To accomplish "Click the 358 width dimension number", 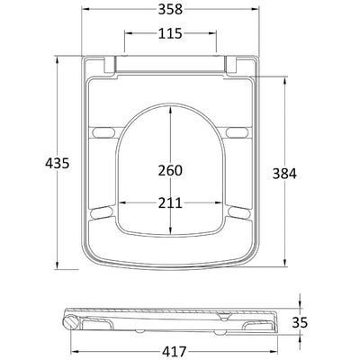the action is [x=170, y=9].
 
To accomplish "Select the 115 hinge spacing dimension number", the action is [x=170, y=33].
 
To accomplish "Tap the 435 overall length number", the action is [x=57, y=163].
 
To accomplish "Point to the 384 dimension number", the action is [x=284, y=174].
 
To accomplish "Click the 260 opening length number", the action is [x=170, y=170].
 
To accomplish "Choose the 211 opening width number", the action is [x=170, y=203].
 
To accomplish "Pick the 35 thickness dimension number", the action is [x=300, y=322].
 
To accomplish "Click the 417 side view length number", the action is [x=175, y=351].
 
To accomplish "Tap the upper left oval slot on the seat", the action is [x=103, y=132].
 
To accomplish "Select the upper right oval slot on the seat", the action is [x=237, y=132].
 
